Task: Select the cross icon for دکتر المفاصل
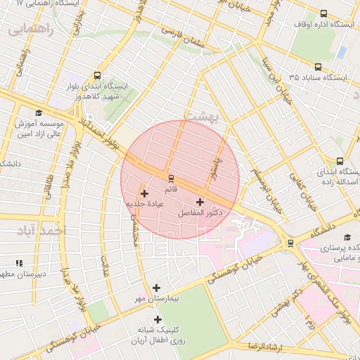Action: click(x=200, y=202)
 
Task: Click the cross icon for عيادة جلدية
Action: click(x=145, y=193)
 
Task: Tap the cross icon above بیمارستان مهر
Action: click(x=156, y=288)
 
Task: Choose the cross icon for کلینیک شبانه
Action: click(x=158, y=319)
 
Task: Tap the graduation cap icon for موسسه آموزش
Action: click(x=39, y=112)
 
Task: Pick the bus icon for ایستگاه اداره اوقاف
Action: click(x=323, y=13)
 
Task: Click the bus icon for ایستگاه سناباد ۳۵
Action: click(x=319, y=67)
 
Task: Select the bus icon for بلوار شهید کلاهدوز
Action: click(x=96, y=76)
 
